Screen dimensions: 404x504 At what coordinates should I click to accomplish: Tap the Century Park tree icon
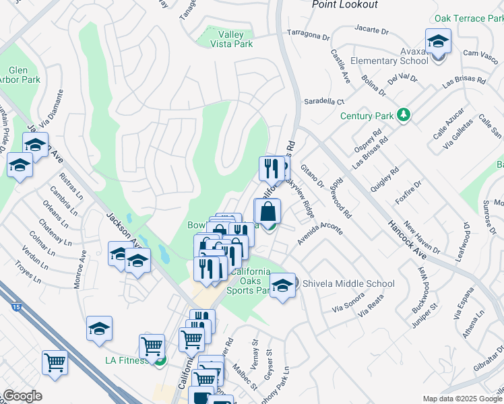[404, 115]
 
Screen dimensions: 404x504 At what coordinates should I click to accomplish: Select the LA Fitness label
[126, 360]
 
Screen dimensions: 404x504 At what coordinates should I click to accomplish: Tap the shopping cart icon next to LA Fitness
[152, 347]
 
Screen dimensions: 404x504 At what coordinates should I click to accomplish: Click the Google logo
[22, 396]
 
